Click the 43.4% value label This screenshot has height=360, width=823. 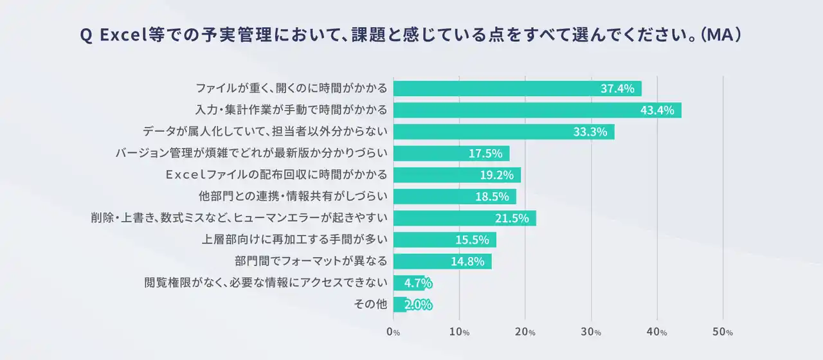pyautogui.click(x=657, y=110)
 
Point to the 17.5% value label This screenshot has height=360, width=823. pyautogui.click(x=485, y=154)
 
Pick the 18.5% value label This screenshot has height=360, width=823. pyautogui.click(x=492, y=197)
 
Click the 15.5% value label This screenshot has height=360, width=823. pyautogui.click(x=472, y=240)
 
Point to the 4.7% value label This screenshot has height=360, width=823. pyautogui.click(x=417, y=283)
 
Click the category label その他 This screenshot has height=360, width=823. pyautogui.click(x=371, y=305)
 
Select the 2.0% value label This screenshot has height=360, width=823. pyautogui.click(x=417, y=305)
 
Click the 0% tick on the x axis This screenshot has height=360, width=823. pyautogui.click(x=393, y=332)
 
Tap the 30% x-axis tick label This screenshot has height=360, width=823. pyautogui.click(x=592, y=332)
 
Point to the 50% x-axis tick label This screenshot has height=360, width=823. pyautogui.click(x=723, y=332)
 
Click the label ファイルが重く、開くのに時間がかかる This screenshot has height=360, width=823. pyautogui.click(x=291, y=89)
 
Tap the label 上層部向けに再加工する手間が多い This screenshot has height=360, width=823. pyautogui.click(x=294, y=240)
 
